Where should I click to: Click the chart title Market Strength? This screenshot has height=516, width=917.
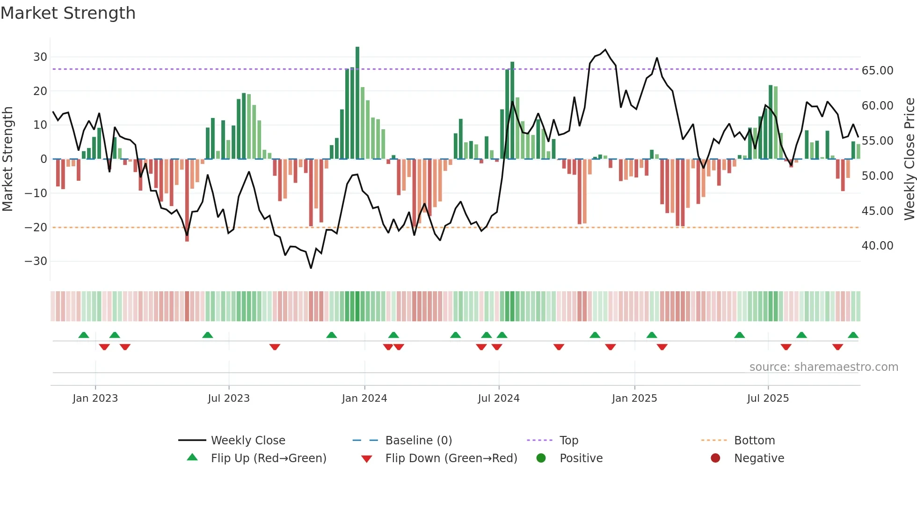68,13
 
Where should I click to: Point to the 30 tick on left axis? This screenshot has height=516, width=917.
40,57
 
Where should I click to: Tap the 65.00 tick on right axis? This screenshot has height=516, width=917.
877,71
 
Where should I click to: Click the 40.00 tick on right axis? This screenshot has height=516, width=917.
877,246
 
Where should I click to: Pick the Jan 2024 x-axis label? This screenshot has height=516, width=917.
364,398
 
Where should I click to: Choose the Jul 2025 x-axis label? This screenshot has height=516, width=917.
768,398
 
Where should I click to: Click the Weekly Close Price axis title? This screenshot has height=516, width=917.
909,159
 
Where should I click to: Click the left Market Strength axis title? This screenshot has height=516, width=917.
7,159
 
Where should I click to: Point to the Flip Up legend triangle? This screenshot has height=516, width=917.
192,457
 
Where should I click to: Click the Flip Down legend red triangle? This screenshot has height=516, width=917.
367,459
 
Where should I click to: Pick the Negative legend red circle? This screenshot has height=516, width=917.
715,458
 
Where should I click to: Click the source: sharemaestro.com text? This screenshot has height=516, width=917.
823,367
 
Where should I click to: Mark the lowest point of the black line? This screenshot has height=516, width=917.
311,268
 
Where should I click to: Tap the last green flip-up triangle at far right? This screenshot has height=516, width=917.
853,335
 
